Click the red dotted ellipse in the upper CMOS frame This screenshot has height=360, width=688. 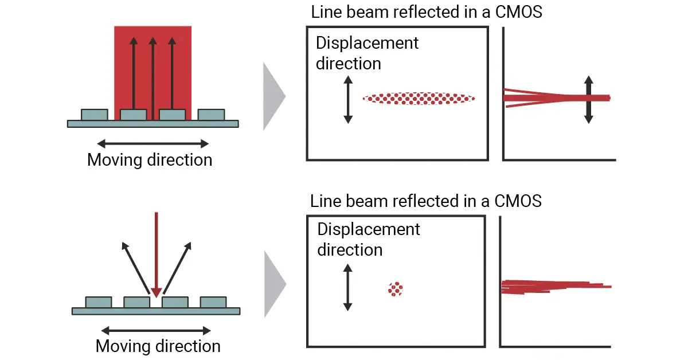click(x=419, y=99)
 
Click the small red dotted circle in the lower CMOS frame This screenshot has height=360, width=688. click(x=396, y=289)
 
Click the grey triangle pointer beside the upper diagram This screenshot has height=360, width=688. click(x=273, y=96)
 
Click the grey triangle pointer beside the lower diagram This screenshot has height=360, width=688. click(x=275, y=284)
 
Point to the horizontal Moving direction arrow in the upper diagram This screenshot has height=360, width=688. click(x=153, y=143)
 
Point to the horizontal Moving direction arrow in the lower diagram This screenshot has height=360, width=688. click(x=156, y=331)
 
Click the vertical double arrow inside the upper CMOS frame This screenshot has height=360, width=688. click(x=347, y=101)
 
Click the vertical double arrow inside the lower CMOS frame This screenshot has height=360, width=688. click(x=347, y=287)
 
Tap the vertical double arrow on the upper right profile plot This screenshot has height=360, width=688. click(x=589, y=99)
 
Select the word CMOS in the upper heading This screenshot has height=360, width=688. click(x=514, y=12)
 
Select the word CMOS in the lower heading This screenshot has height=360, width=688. click(x=514, y=201)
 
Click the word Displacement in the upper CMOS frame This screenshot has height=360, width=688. click(x=368, y=43)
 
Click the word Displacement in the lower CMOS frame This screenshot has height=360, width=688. click(x=369, y=230)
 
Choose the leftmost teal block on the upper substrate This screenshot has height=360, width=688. click(x=95, y=115)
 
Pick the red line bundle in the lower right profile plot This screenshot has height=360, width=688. click(x=550, y=286)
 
